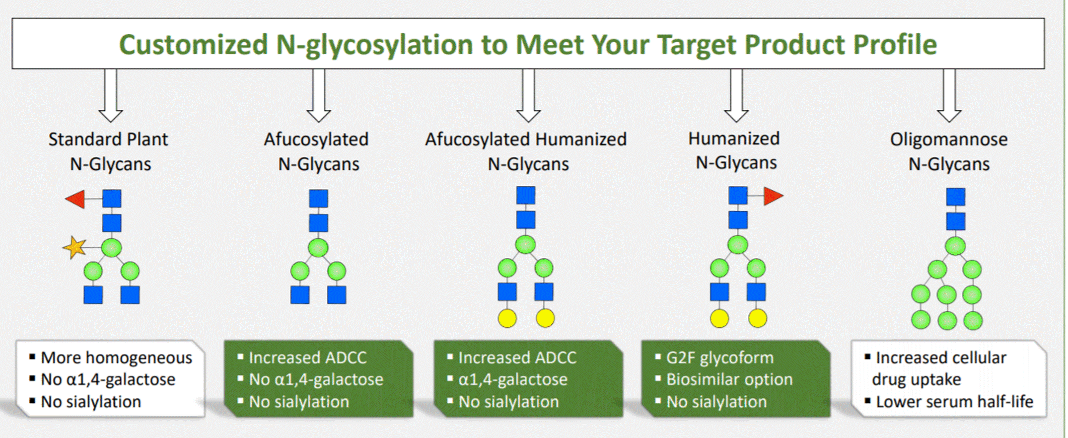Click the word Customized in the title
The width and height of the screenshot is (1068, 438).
[193, 45]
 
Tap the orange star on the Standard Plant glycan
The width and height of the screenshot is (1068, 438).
[75, 247]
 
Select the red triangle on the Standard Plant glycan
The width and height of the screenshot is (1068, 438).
[76, 199]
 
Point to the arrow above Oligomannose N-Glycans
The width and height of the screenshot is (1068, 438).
[949, 95]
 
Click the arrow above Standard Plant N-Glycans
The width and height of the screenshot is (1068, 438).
[111, 95]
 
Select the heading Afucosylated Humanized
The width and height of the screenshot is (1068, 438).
[526, 140]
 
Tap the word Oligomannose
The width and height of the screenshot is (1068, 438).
[948, 140]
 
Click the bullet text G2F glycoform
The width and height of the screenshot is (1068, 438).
[719, 358]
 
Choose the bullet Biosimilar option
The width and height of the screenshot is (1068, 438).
[729, 379]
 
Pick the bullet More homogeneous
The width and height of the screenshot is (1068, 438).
[116, 358]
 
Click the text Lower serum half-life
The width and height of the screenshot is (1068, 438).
[954, 401]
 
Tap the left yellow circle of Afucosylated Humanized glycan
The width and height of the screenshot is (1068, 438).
[507, 318]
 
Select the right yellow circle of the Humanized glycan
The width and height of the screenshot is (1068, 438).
[757, 318]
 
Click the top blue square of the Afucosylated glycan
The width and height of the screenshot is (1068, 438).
[318, 199]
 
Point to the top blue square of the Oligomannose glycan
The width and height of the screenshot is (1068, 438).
[955, 197]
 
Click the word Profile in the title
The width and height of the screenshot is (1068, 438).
[895, 45]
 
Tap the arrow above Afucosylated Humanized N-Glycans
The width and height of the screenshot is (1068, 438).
[528, 95]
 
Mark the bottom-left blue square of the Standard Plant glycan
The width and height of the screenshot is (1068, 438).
[93, 294]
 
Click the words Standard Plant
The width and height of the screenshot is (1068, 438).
[108, 140]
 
